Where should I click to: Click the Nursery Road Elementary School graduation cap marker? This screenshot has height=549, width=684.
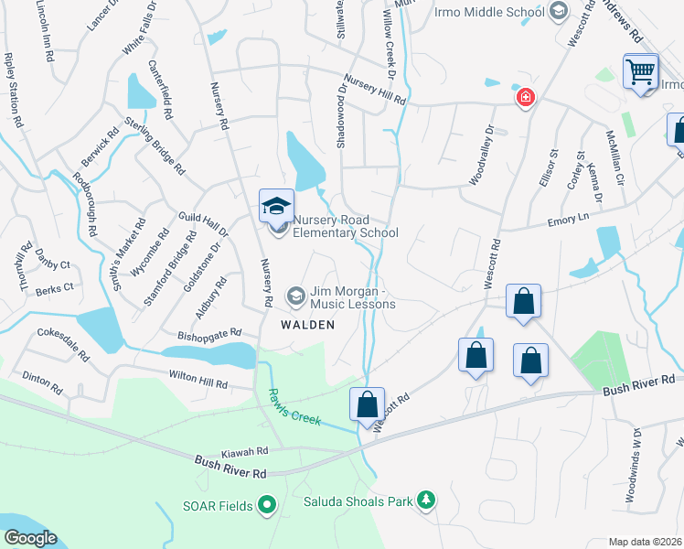pos(276,206)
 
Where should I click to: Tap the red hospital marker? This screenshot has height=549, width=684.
pos(525,98)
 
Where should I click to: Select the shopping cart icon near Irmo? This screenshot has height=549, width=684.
pos(641,70)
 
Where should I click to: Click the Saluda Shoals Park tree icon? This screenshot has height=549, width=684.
pos(424,500)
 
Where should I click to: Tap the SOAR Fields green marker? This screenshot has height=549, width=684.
pos(267,503)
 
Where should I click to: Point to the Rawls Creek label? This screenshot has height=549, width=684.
pos(294,406)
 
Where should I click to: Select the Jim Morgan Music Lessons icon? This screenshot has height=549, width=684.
pos(295,296)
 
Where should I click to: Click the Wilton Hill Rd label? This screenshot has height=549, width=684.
pos(197,377)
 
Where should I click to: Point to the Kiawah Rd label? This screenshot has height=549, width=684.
pos(244,452)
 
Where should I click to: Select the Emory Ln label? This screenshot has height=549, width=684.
pos(567,220)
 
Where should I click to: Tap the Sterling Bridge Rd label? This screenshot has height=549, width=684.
pos(155,146)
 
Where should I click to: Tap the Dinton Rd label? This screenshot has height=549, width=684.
pos(41,382)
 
